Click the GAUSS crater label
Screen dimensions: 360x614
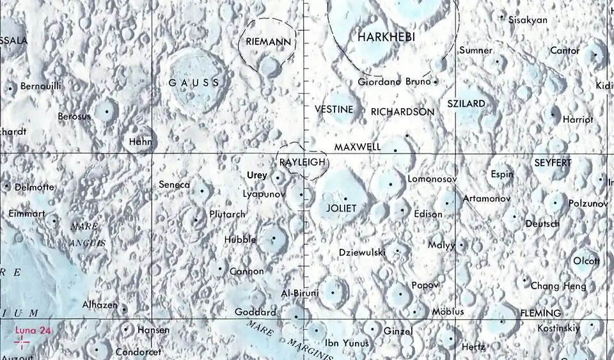(x=194, y=82)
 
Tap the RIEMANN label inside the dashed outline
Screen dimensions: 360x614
(x=269, y=42)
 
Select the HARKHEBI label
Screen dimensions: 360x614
(x=386, y=38)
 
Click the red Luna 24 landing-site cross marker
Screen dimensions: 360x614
(x=22, y=343)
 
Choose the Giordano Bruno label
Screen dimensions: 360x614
(x=395, y=82)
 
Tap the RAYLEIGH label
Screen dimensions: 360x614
(x=303, y=162)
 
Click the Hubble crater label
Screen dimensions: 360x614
(x=240, y=240)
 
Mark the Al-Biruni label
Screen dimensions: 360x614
(x=300, y=293)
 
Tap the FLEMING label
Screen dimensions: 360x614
(x=540, y=313)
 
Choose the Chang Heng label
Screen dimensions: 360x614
(x=558, y=286)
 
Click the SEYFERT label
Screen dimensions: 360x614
(x=553, y=163)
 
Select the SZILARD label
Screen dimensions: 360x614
(x=466, y=104)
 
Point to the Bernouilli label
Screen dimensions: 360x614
(x=41, y=86)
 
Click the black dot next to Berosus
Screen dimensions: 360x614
(x=107, y=112)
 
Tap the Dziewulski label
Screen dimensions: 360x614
(x=362, y=252)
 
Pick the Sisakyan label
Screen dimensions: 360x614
(x=528, y=20)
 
